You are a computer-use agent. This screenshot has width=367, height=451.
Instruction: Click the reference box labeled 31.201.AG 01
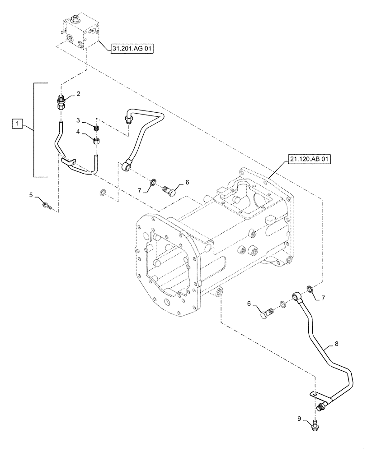[x=132, y=49]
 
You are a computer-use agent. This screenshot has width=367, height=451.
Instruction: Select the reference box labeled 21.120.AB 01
[x=308, y=160]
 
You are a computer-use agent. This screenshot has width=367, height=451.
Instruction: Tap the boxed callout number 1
[x=17, y=123]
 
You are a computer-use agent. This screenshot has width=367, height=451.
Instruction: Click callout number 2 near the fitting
[x=78, y=94]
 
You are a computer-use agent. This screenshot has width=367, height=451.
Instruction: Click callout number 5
[x=31, y=195]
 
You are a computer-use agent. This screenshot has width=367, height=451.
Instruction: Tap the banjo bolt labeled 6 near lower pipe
[x=267, y=313]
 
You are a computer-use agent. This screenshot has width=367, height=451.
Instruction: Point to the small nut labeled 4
[x=96, y=141]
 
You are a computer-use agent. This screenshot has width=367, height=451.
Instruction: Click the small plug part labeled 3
[x=96, y=129]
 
